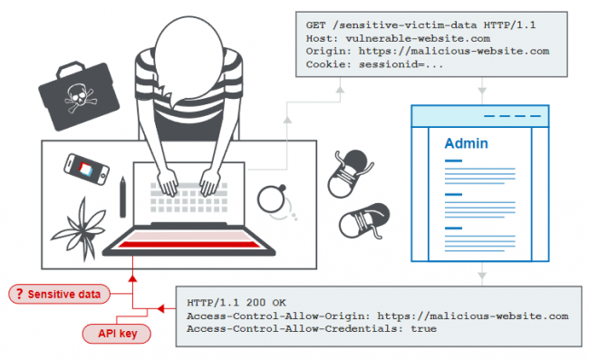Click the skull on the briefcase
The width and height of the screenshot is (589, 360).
click(79, 98)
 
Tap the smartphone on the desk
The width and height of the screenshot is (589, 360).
click(86, 169)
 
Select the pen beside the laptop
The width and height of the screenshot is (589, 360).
click(123, 198)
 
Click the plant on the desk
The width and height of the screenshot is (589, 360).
click(80, 230)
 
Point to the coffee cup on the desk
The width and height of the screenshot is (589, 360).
click(271, 199)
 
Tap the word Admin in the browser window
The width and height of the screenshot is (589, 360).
click(466, 143)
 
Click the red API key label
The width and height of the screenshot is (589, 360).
click(117, 334)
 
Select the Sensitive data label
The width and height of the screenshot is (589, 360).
click(59, 294)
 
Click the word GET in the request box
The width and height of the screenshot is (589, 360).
click(315, 25)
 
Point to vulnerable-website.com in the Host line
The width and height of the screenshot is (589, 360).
click(418, 38)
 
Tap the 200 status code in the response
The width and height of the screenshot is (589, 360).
click(256, 303)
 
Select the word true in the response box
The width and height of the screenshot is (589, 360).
click(423, 329)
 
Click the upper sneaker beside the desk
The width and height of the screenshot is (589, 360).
click(350, 173)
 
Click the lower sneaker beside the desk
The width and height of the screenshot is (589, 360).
click(363, 221)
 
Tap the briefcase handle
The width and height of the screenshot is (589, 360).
click(70, 69)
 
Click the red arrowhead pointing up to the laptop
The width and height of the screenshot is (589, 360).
click(132, 278)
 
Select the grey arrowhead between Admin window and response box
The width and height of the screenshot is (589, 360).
click(482, 277)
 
